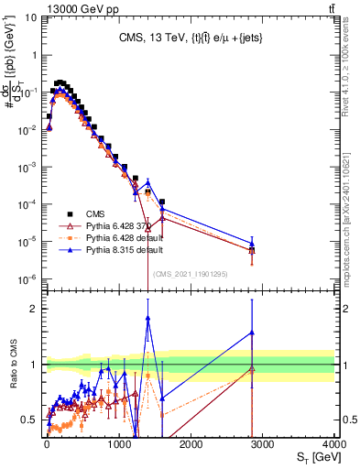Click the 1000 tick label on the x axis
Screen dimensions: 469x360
118,442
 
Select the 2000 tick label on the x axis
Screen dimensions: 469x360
191,442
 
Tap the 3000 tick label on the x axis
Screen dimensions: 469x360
263,442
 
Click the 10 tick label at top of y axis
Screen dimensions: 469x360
28,17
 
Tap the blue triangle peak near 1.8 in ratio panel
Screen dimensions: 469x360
147,318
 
